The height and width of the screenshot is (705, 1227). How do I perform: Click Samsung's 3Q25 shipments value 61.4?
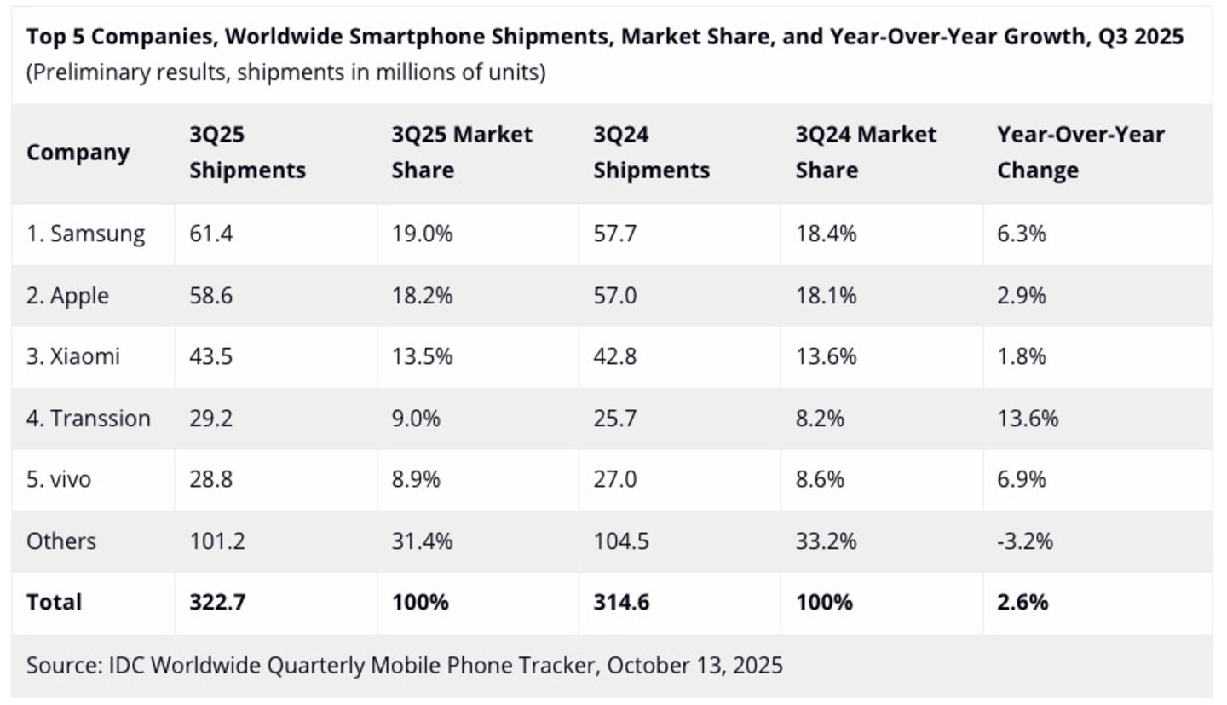211,234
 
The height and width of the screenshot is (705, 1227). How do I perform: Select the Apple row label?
67,296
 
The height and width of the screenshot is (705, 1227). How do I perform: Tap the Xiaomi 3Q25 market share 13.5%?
422,356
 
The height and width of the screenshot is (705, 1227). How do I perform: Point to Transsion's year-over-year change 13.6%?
1028,419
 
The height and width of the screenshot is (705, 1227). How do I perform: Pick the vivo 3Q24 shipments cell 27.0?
615,480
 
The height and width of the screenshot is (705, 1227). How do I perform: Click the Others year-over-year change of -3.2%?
1025,541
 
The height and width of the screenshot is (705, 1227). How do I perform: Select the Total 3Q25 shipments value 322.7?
217,602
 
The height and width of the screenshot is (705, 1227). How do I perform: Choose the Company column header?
78,153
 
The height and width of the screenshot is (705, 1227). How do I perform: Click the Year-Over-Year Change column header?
1080,153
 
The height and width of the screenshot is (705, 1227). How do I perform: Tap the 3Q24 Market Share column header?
866,153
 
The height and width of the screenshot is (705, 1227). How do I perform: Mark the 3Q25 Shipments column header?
247,153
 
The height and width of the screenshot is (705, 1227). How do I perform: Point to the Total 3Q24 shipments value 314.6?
621,602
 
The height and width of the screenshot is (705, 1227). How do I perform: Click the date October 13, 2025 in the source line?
694,665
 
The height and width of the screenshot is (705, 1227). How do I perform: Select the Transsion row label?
88,419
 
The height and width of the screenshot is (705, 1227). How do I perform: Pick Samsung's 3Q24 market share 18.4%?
826,234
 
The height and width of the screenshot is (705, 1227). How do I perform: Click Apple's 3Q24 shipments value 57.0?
615,296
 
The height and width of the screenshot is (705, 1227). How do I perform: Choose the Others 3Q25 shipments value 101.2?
217,541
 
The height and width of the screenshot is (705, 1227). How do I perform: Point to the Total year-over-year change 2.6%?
1022,602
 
